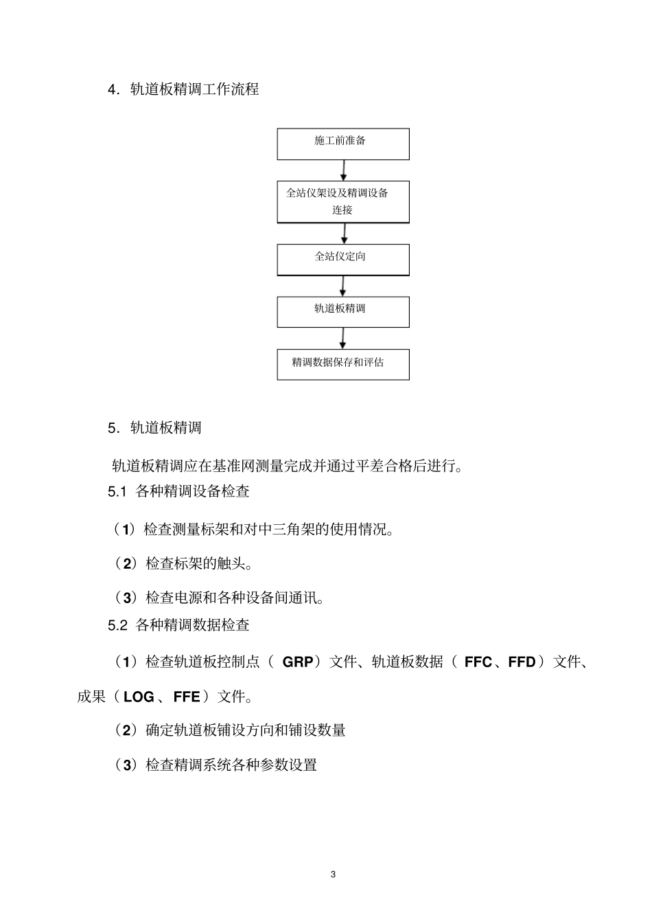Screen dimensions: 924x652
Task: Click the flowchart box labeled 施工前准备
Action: (343, 144)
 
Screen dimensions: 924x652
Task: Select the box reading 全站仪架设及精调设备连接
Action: (343, 201)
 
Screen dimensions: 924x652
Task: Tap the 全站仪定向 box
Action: (343, 259)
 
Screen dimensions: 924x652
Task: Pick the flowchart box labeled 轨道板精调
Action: (343, 311)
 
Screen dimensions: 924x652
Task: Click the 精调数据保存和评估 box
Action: (343, 364)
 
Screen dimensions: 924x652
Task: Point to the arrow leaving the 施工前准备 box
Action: (344, 170)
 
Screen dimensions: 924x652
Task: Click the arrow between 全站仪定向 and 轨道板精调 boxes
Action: (343, 286)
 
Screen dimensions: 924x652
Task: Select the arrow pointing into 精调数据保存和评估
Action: (343, 338)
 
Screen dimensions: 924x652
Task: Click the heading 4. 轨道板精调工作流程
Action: (183, 89)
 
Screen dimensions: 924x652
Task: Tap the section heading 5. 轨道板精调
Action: (154, 428)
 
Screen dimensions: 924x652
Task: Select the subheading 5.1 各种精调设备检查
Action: (178, 491)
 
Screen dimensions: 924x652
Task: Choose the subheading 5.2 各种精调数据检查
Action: (178, 625)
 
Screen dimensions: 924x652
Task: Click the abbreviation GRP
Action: (298, 662)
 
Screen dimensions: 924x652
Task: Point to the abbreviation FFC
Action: (478, 662)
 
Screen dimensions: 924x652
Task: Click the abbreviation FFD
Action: (522, 662)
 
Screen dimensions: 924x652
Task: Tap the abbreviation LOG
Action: (139, 697)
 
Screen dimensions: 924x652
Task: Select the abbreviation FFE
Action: (187, 697)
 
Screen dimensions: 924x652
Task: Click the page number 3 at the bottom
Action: (333, 875)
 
